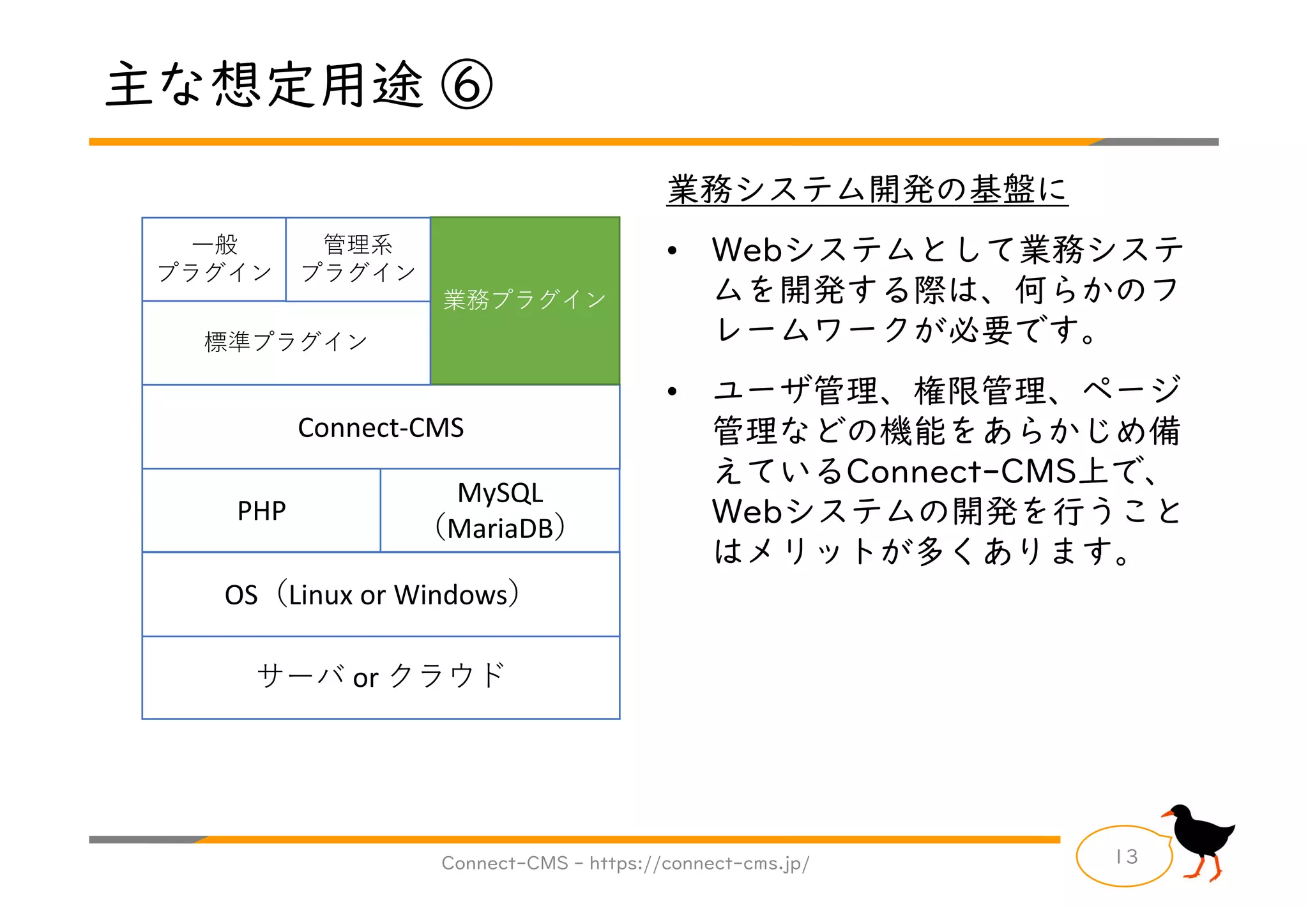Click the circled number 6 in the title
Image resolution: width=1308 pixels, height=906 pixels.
(x=467, y=85)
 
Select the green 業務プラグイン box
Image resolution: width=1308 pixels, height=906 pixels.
(x=525, y=300)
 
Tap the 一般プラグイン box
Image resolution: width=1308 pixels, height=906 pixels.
(x=214, y=259)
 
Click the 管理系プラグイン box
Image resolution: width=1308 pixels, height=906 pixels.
(x=358, y=259)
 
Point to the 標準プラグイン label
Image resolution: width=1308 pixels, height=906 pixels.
(x=285, y=342)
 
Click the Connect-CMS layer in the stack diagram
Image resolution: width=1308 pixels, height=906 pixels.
(x=381, y=427)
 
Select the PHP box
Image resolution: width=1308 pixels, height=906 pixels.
(x=261, y=511)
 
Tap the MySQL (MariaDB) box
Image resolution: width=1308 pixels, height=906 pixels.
(x=500, y=511)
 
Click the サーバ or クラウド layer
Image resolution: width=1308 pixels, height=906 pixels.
(x=381, y=677)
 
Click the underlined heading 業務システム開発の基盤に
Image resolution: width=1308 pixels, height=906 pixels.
(x=867, y=190)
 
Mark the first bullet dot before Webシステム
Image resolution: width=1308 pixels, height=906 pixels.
(x=672, y=251)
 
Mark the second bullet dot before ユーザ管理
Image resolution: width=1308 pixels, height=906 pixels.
(x=672, y=392)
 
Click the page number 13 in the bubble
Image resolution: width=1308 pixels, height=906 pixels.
(x=1127, y=856)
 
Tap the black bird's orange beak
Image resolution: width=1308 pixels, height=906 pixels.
(x=1167, y=814)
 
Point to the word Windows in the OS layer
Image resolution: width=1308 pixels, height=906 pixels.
(x=450, y=595)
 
